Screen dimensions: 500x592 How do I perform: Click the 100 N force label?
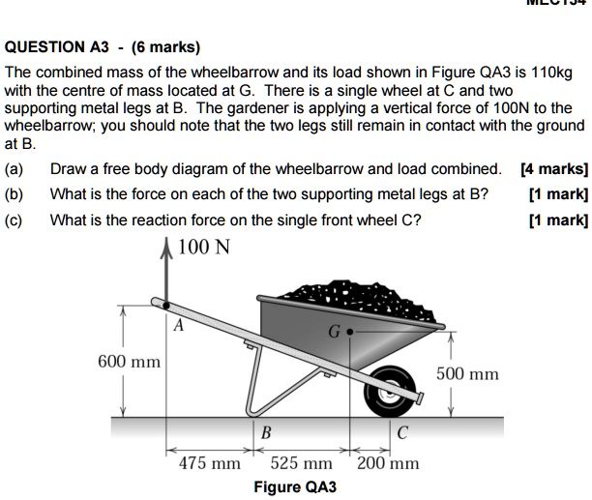(203, 247)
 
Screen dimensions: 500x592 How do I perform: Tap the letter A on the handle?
(178, 327)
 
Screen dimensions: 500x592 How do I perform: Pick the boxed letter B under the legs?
(266, 431)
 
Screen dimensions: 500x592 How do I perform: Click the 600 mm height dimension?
(129, 362)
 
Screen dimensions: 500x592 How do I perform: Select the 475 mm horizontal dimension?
(210, 463)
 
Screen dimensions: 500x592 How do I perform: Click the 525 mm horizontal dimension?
(301, 463)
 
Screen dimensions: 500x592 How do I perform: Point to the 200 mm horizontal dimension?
(388, 463)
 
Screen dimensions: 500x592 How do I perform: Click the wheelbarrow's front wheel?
(395, 386)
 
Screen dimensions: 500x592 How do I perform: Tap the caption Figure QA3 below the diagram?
(295, 486)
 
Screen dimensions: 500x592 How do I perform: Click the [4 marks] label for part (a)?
(553, 168)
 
